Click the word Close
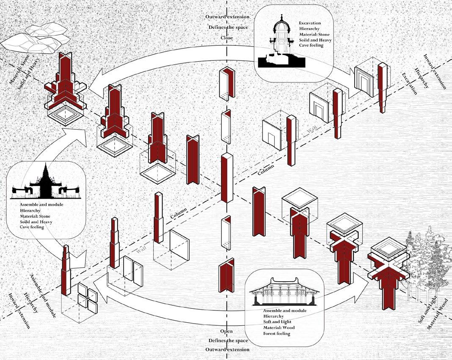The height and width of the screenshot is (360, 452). pos(227,37)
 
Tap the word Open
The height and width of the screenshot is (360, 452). pos(226,331)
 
